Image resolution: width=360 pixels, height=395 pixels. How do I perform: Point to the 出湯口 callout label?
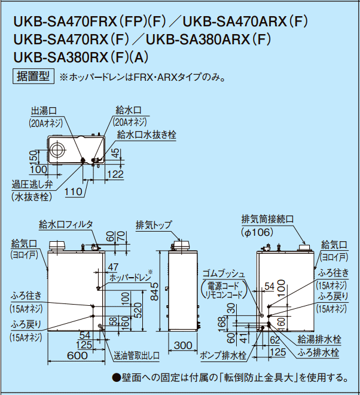44,111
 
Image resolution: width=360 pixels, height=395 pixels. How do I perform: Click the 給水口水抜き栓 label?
147,135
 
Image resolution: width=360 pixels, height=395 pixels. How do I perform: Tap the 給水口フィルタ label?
66,224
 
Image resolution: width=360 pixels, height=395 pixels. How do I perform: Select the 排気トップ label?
154,225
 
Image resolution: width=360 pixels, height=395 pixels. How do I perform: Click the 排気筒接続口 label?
267,218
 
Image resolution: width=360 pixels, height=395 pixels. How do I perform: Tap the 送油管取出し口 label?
137,355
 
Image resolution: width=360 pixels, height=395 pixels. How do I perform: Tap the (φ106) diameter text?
258,232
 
